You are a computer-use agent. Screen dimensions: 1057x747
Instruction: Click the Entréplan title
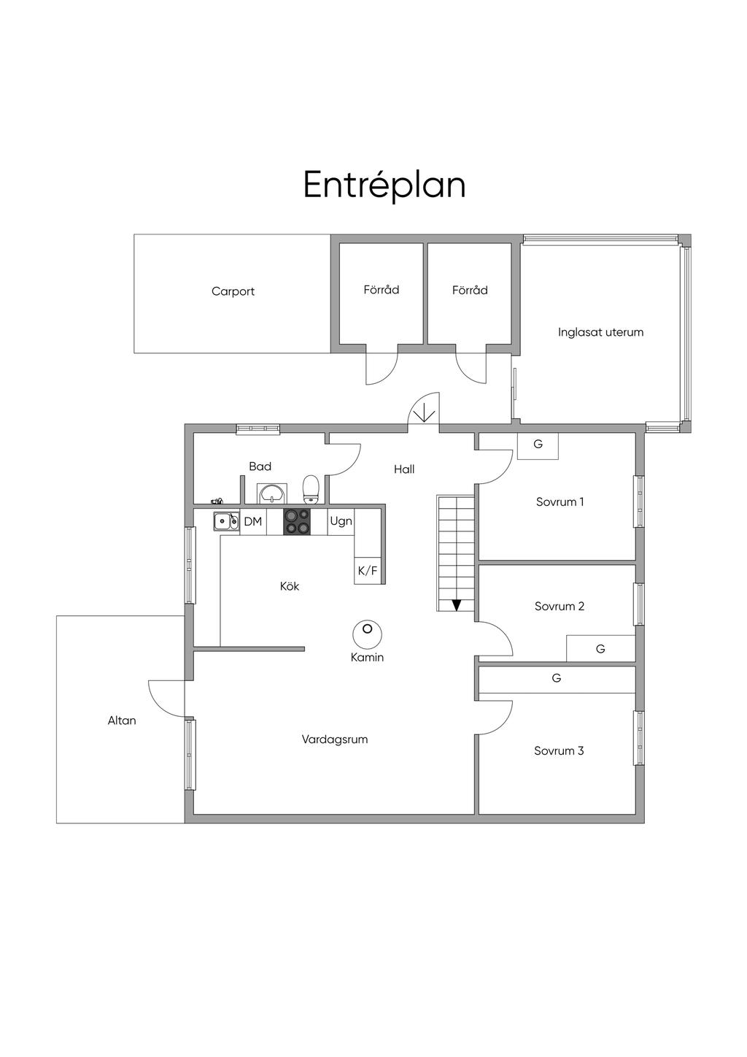tap(384, 185)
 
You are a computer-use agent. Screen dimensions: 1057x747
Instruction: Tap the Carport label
tap(233, 291)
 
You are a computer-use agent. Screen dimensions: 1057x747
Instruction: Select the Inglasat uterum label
tap(600, 332)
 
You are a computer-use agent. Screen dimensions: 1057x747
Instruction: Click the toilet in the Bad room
tap(311, 488)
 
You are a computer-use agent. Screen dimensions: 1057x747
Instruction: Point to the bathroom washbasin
tap(272, 493)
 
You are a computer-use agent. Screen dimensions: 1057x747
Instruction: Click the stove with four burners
tap(297, 522)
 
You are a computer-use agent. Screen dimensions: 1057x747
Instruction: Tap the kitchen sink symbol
tap(225, 521)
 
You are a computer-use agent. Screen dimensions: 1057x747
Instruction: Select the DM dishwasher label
tap(252, 522)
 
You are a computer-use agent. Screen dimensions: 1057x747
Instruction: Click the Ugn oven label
tap(341, 521)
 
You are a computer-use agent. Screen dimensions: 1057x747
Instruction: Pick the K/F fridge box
tap(368, 571)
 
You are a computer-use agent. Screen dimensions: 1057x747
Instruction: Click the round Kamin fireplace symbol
tap(367, 633)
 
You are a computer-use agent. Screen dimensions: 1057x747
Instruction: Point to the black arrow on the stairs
tap(457, 604)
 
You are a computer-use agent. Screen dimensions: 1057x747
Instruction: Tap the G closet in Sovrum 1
tap(538, 445)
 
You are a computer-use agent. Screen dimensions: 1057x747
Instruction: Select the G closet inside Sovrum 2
tap(600, 649)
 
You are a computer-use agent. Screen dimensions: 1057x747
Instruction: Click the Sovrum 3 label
tap(559, 750)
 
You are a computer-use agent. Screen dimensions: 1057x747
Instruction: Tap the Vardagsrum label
tap(335, 739)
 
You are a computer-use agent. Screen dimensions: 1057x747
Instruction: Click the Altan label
tap(122, 720)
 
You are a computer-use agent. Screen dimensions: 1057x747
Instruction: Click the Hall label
tap(404, 469)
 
